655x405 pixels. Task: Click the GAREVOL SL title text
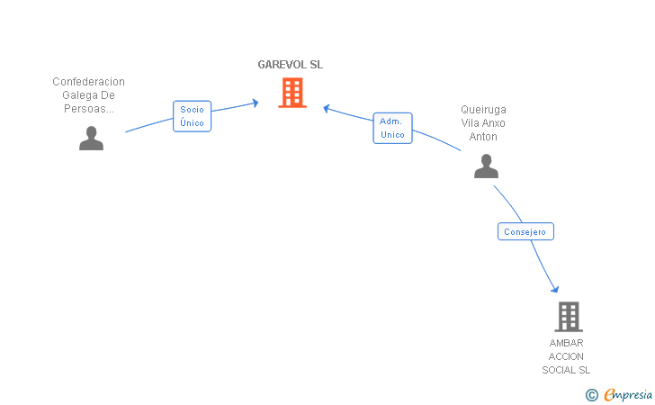(x=290, y=65)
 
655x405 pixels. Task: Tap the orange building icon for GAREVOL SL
(x=292, y=93)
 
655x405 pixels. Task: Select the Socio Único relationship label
(x=192, y=116)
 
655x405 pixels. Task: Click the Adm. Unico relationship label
(x=392, y=128)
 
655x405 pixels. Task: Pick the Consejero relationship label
(x=525, y=231)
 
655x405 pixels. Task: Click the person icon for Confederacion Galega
(x=91, y=138)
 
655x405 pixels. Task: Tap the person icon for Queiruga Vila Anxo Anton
(x=486, y=166)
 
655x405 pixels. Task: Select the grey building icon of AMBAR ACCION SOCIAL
(x=568, y=317)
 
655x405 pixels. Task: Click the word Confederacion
(x=88, y=81)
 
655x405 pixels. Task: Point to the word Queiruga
(x=483, y=110)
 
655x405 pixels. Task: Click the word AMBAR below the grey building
(x=566, y=343)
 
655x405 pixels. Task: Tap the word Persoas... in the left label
(x=88, y=109)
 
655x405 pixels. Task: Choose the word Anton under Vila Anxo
(x=483, y=137)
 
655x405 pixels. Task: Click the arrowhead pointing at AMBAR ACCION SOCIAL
(x=555, y=288)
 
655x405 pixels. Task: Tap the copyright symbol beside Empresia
(x=591, y=394)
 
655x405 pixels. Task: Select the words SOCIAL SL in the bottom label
(x=566, y=370)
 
